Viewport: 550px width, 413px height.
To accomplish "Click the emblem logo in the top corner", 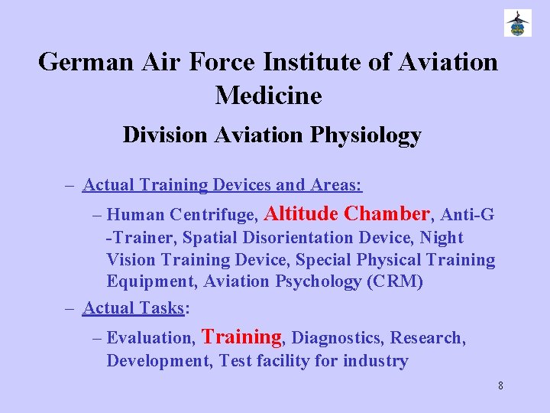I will pyautogui.click(x=517, y=23).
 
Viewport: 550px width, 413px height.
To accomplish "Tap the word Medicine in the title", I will pyautogui.click(x=269, y=95).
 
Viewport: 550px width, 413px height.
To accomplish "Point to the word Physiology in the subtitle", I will pyautogui.click(x=366, y=135).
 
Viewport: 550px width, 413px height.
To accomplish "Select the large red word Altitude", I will pyautogui.click(x=303, y=213).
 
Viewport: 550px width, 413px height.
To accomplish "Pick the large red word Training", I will pyautogui.click(x=241, y=337).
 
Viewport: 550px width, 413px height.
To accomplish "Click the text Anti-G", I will pyautogui.click(x=467, y=216).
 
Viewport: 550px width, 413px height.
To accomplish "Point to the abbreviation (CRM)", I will pyautogui.click(x=395, y=281).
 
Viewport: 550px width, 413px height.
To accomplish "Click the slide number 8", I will pyautogui.click(x=500, y=385).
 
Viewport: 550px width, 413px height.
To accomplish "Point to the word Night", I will pyautogui.click(x=442, y=238).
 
